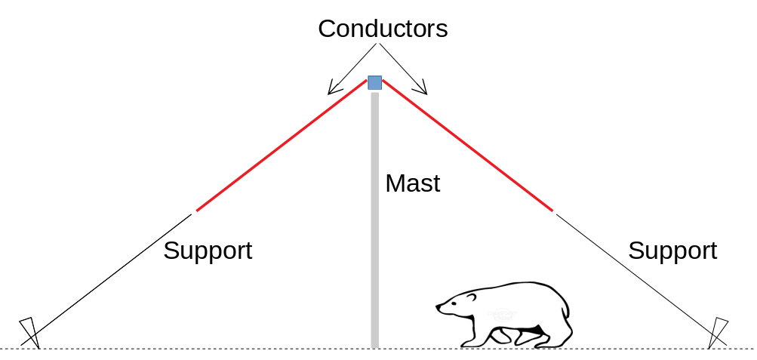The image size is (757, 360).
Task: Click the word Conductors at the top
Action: click(383, 29)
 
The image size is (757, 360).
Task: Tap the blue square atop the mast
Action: click(374, 82)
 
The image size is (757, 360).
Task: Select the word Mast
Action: click(412, 183)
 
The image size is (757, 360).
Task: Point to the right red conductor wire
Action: click(468, 145)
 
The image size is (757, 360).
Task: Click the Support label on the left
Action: click(208, 251)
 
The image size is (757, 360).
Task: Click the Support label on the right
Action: click(672, 251)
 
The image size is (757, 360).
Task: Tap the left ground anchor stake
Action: click(29, 332)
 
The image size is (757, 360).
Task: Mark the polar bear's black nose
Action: click(439, 306)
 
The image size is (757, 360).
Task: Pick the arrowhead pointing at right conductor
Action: click(423, 91)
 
